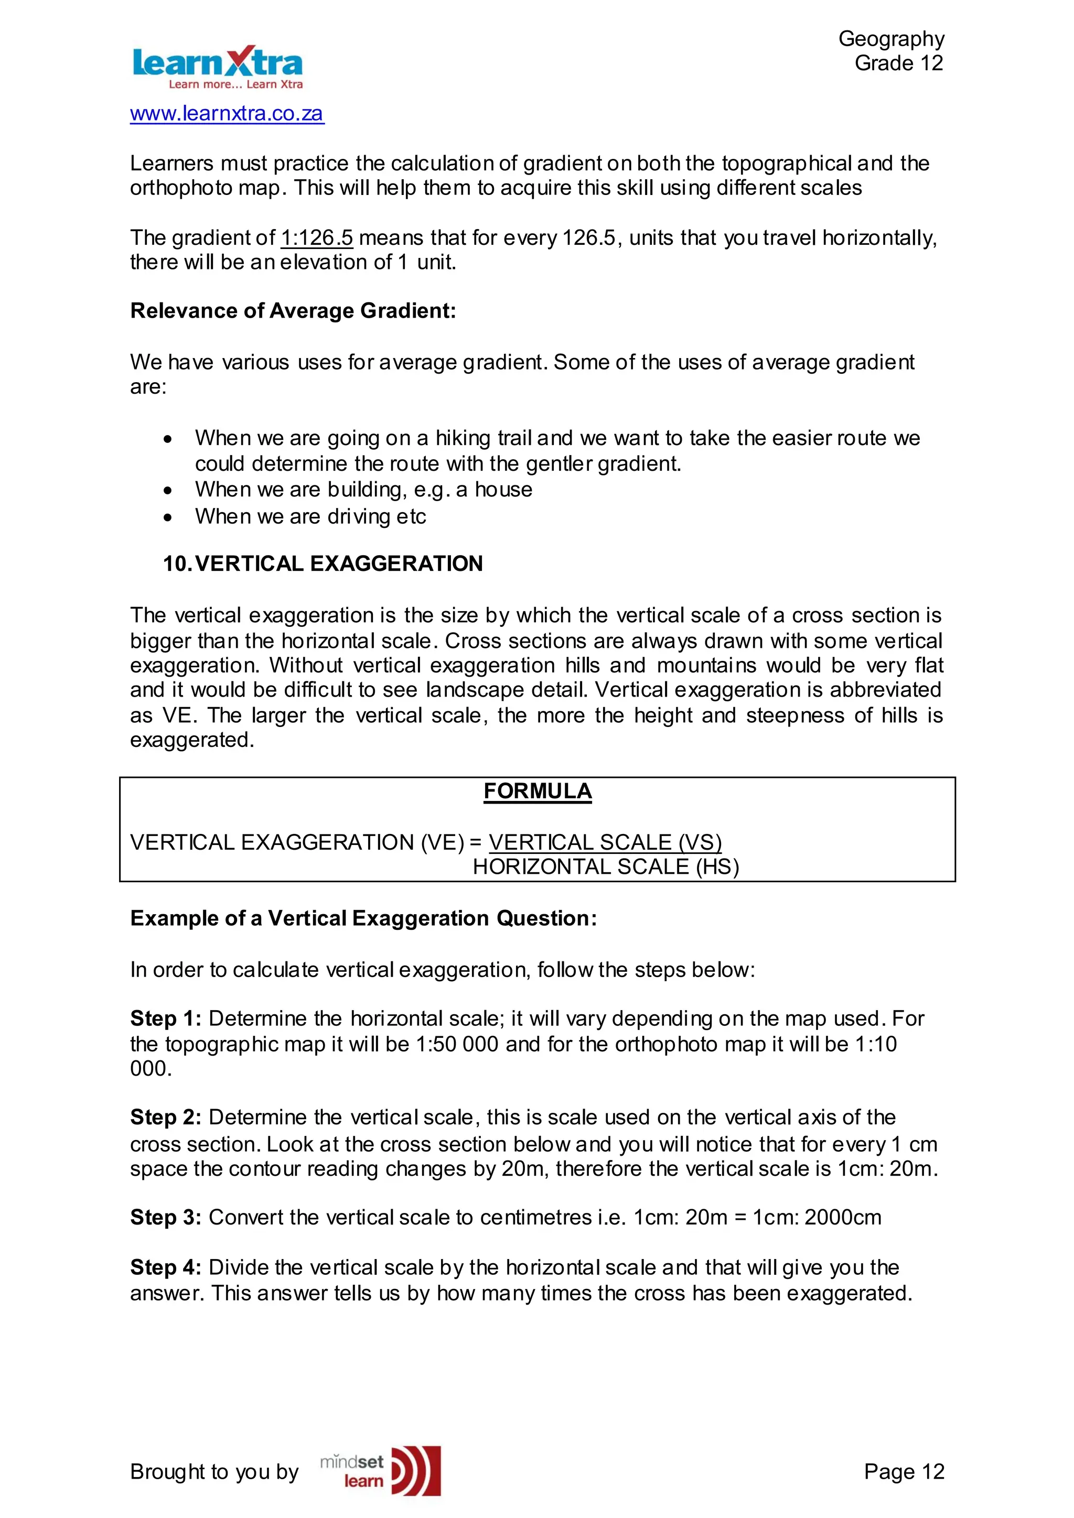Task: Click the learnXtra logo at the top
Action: tap(217, 67)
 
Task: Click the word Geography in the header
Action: tap(891, 39)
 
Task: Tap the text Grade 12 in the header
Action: tap(898, 63)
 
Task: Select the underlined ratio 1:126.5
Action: tap(317, 238)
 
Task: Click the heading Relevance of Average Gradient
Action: tap(293, 311)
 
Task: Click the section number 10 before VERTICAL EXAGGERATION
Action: tap(177, 564)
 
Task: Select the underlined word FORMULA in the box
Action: tap(537, 791)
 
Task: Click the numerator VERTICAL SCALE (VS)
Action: tap(605, 842)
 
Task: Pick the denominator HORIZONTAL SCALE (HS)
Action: tap(605, 867)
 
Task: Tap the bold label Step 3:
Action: tap(165, 1218)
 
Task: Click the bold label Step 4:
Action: tap(165, 1267)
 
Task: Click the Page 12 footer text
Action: tap(904, 1472)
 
